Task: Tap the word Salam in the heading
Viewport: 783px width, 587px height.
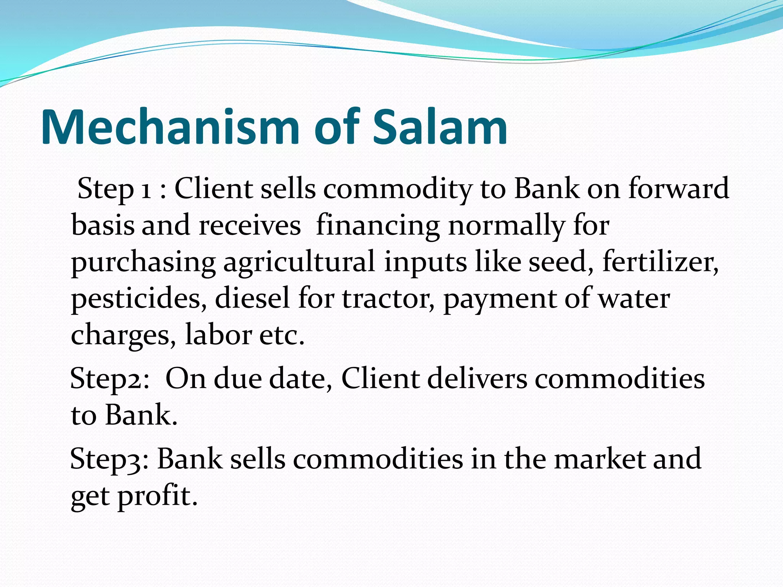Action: click(440, 127)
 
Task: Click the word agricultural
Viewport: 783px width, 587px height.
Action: click(299, 263)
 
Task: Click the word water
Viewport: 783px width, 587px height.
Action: click(634, 299)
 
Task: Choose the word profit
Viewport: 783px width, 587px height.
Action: click(158, 496)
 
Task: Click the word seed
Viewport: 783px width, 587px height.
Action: click(560, 263)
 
